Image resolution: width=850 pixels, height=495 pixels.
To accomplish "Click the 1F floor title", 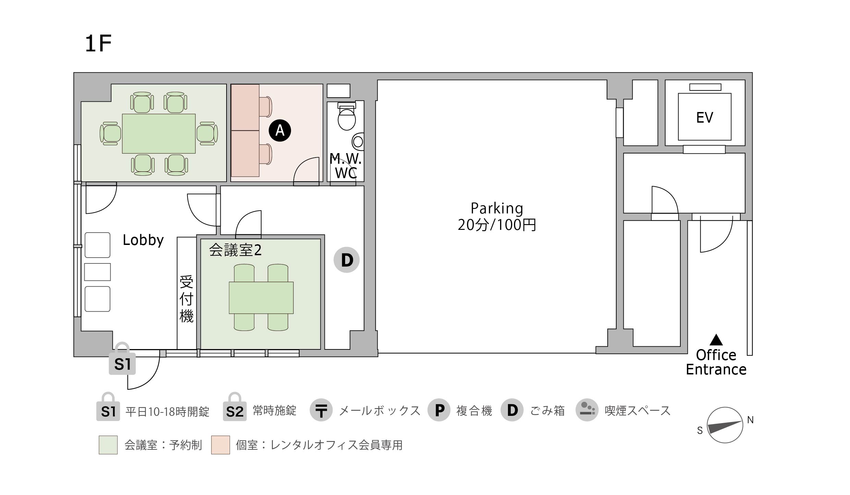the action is tap(98, 44).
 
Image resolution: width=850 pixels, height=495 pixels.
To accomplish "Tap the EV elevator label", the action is tap(705, 117).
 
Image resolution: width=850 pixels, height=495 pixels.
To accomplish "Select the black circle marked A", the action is tap(280, 131).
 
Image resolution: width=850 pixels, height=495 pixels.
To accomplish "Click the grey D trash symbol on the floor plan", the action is tap(347, 260).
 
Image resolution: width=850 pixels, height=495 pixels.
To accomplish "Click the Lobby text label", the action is tap(143, 240).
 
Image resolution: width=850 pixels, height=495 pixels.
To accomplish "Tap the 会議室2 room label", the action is tap(235, 250).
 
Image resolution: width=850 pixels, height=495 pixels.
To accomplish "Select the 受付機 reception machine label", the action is tap(186, 299).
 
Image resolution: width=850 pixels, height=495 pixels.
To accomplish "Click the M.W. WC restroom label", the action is tap(345, 166).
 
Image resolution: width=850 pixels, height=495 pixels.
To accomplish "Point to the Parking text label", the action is tap(497, 209).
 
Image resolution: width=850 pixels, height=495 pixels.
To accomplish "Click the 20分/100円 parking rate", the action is tap(497, 225).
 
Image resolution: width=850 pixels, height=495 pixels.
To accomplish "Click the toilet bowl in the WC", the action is tap(347, 119).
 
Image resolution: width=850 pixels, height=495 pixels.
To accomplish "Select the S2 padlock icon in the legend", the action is tap(234, 407).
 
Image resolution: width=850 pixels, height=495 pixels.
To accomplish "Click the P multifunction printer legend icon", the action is tap(439, 410).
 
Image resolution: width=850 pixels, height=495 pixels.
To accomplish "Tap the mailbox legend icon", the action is tap(321, 410).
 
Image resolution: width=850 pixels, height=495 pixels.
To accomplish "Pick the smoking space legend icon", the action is tap(587, 410).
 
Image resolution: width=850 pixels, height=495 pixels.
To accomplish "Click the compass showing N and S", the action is tap(725, 425).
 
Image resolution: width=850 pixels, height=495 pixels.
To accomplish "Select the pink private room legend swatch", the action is tap(220, 445).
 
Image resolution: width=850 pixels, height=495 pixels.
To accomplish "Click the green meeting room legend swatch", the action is tap(108, 445).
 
